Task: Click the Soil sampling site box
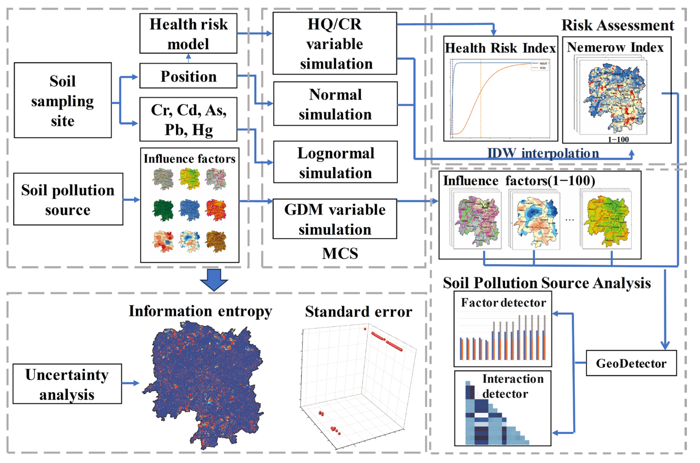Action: pos(63,100)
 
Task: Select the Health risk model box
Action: pos(188,33)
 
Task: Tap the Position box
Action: pos(188,76)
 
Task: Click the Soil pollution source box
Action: pos(68,199)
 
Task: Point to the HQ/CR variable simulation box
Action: pos(335,43)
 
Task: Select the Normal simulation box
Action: pos(335,104)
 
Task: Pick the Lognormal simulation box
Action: pos(335,162)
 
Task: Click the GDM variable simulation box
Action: pos(335,219)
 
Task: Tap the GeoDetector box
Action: pos(631,363)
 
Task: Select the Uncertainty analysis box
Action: pos(67,384)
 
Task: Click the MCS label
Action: pos(340,253)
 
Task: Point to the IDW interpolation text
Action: pos(543,153)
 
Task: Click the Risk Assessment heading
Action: pos(618,25)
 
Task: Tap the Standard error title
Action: pos(359,312)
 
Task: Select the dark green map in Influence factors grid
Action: pos(163,210)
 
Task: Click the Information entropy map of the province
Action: pos(204,384)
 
